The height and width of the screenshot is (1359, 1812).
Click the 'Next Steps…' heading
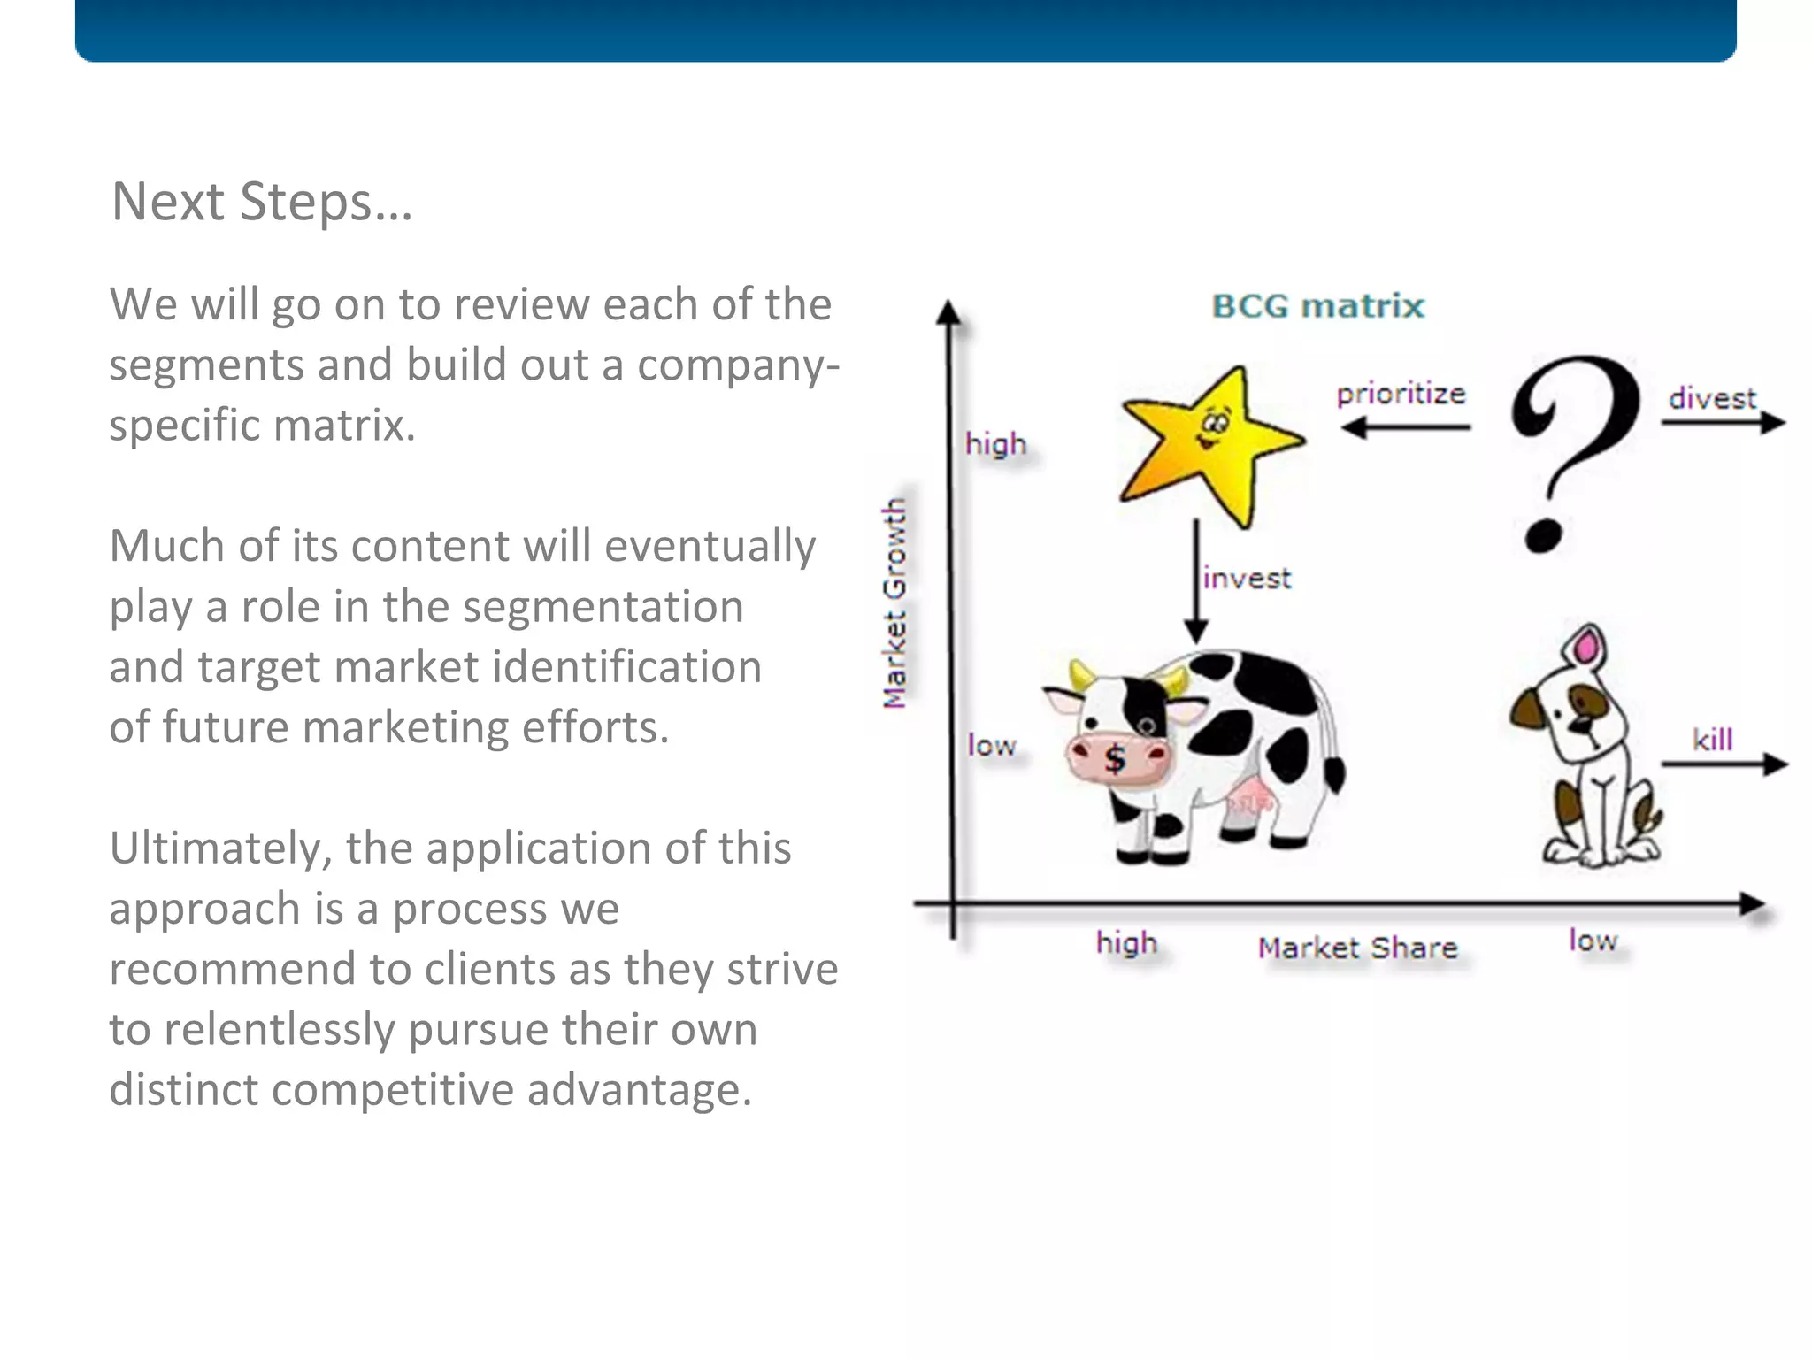point(262,202)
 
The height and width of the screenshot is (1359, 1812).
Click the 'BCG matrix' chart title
point(1317,306)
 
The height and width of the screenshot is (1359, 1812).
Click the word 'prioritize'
point(1401,394)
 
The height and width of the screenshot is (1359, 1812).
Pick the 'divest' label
point(1711,398)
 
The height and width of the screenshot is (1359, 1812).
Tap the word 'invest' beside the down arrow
point(1247,579)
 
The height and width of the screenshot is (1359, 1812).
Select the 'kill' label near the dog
point(1712,740)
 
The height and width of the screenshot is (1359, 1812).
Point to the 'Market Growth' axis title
point(895,603)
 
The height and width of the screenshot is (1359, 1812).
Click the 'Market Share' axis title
point(1357,948)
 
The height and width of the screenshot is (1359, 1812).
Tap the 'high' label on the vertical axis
point(995,443)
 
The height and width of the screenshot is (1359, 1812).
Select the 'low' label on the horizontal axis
point(1593,941)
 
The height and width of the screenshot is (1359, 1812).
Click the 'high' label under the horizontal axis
point(1126,943)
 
